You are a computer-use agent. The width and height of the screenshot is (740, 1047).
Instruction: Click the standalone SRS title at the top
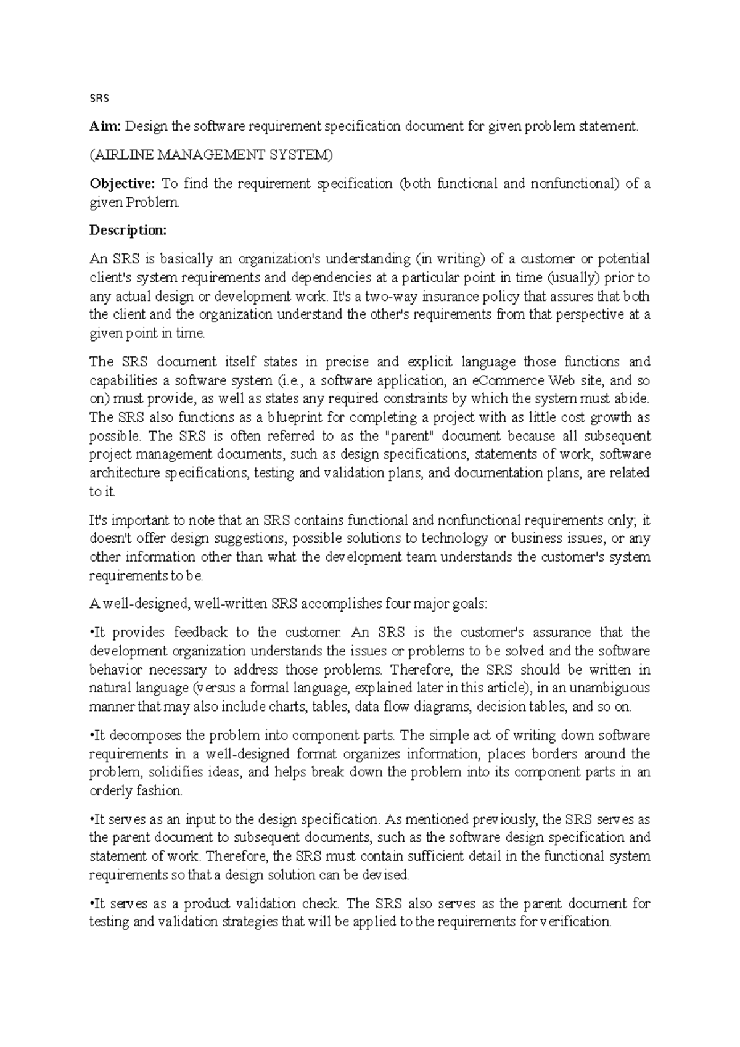pos(99,97)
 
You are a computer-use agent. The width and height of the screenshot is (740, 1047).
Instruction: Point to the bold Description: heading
pos(128,231)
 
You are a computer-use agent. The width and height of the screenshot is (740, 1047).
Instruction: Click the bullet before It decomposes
pos(91,736)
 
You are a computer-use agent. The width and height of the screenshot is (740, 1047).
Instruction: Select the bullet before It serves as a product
pos(91,904)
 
